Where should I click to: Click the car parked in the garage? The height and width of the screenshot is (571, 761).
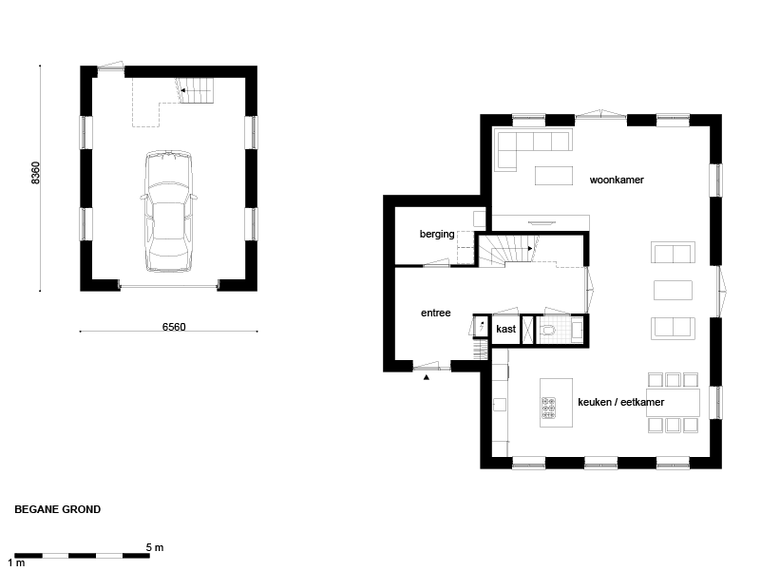pos(168,211)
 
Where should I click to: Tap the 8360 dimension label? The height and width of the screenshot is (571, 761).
pos(35,173)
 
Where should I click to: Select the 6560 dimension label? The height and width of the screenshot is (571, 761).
pos(174,327)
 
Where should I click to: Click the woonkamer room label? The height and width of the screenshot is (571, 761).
pos(617,180)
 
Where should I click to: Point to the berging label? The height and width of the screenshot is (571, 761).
pos(437,234)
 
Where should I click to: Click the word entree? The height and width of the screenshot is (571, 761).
pos(436,314)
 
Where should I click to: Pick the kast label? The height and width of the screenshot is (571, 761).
pos(505,329)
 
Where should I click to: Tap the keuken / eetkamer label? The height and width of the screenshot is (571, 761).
pos(620,402)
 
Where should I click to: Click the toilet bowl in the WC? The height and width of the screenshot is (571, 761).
pos(548,331)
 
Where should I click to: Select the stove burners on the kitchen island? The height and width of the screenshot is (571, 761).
pos(548,409)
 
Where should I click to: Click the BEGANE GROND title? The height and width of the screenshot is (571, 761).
pos(58,509)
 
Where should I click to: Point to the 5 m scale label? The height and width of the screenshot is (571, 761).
pos(155,547)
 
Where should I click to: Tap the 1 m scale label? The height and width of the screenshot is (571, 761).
pos(16,562)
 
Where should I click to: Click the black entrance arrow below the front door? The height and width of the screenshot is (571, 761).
pos(427,377)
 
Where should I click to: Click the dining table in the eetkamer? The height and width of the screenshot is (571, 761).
pos(673,403)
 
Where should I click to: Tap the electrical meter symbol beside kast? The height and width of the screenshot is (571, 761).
pos(482,326)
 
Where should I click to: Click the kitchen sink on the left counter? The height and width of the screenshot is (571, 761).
pos(500,405)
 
